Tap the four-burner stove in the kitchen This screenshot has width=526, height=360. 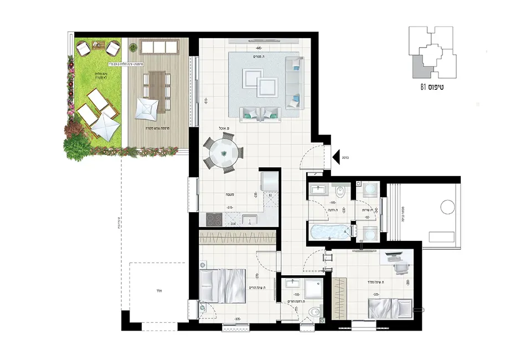coord(211,220)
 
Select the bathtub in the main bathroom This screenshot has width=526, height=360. coord(328,232)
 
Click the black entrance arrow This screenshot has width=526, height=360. coord(336,157)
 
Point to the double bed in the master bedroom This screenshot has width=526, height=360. coord(223,286)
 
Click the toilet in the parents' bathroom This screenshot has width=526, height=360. coord(314,312)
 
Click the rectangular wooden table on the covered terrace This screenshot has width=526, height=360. coord(157,91)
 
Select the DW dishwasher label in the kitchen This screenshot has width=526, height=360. coord(234,223)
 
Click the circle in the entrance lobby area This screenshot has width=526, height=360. coord(447,208)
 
